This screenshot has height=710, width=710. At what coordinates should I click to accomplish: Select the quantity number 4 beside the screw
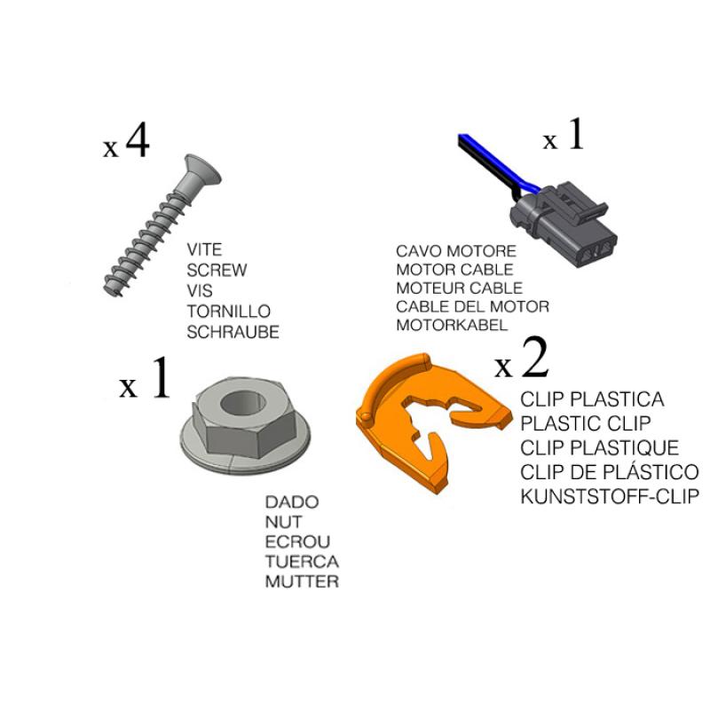tap(138, 140)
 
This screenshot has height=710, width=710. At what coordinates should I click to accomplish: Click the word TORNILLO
tap(229, 312)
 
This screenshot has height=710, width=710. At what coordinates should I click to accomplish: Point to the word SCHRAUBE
tap(233, 332)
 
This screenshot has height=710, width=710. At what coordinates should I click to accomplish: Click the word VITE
tap(204, 249)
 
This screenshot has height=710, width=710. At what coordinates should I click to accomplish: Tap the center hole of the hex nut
tap(243, 403)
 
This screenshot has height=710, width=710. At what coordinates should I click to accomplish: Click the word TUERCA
tap(302, 562)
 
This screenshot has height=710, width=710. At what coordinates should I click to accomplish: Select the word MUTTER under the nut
tap(302, 581)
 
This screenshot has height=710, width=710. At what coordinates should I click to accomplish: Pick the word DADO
tap(292, 501)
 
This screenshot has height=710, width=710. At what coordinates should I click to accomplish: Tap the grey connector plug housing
tap(564, 225)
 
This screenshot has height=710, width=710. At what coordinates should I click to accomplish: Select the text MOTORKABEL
tap(452, 325)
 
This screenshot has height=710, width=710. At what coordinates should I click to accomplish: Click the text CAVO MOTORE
tap(456, 251)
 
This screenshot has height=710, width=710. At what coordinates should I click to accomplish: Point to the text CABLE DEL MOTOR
tap(472, 306)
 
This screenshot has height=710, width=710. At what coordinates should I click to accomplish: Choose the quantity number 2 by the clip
tap(535, 358)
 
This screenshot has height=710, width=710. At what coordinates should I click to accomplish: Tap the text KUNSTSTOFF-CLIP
tap(610, 497)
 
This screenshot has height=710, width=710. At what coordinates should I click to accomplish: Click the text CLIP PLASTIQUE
tap(600, 448)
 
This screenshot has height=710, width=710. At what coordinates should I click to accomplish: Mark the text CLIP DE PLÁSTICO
tap(610, 471)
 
